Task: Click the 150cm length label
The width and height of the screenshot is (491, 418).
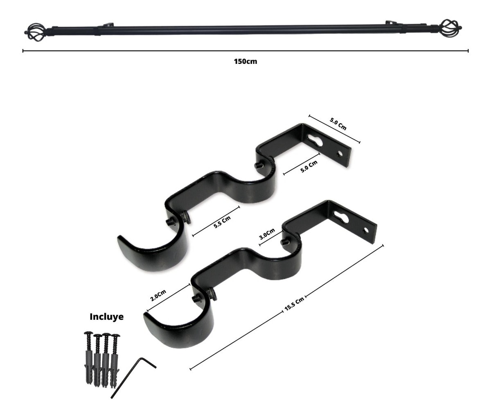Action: (245, 62)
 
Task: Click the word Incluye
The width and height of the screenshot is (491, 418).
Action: (106, 316)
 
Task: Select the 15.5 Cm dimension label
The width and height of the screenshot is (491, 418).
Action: (294, 305)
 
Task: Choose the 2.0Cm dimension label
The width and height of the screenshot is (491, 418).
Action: (158, 296)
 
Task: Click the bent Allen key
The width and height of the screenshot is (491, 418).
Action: (133, 377)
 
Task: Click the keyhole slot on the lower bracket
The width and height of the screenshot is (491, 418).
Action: (343, 217)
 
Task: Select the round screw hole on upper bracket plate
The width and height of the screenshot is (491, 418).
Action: (339, 154)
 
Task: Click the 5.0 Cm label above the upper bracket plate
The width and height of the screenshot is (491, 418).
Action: (338, 124)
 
